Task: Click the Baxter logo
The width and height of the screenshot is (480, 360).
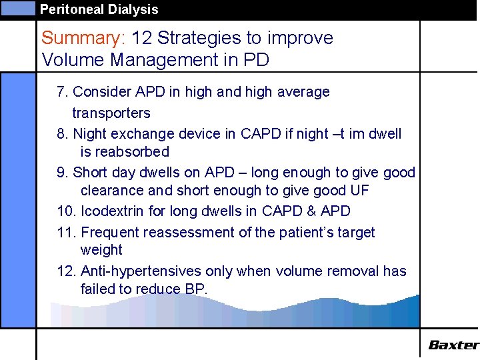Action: pyautogui.click(x=453, y=345)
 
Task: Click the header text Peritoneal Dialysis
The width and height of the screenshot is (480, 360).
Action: pyautogui.click(x=99, y=9)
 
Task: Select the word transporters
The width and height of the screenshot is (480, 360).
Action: pyautogui.click(x=111, y=113)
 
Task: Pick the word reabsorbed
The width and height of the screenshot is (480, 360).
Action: pyautogui.click(x=125, y=152)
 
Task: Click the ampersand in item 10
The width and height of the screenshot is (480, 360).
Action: pyautogui.click(x=309, y=211)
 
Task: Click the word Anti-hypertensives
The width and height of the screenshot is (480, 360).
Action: pyautogui.click(x=137, y=271)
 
